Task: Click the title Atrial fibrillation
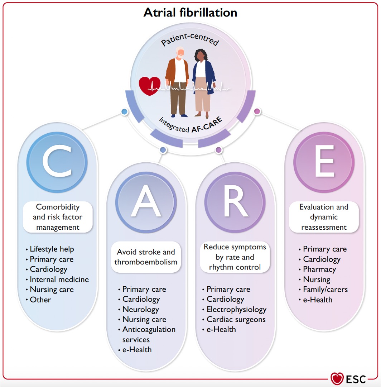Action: point(190,13)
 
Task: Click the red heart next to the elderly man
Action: point(150,86)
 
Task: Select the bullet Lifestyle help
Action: point(52,249)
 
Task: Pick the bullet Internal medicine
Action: point(59,279)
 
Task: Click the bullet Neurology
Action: point(140,309)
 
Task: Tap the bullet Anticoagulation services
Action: point(149,334)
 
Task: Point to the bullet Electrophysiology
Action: point(236,309)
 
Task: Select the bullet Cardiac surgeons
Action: point(236,319)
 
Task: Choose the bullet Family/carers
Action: point(325,289)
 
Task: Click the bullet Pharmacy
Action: point(319,269)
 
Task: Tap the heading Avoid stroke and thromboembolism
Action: point(146,257)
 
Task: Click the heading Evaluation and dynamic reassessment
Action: point(324,217)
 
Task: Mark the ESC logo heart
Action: point(337,378)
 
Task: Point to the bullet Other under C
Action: point(40,300)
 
